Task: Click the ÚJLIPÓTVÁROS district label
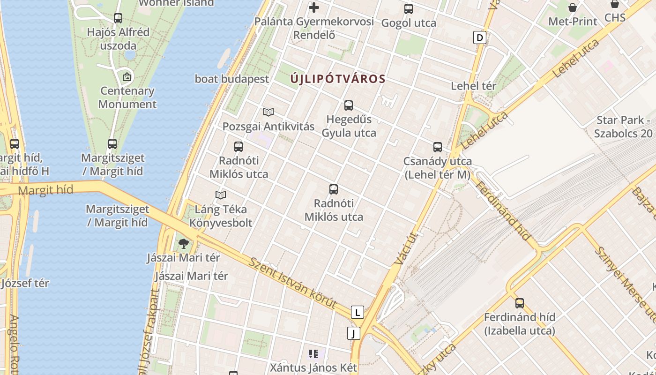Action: tap(337, 79)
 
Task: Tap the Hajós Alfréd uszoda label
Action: tap(118, 39)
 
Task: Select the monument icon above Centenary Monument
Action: tap(127, 77)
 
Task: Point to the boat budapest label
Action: tap(232, 79)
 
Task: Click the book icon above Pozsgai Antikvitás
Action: tap(268, 112)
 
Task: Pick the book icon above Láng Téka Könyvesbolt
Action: tap(221, 195)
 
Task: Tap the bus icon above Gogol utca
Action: tap(409, 8)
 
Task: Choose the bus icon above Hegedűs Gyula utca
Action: tap(349, 105)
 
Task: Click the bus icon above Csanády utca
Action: tap(438, 147)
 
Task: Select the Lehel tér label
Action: tap(473, 86)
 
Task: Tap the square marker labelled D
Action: tap(479, 37)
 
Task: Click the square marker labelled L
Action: tap(358, 312)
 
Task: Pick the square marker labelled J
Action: tap(354, 333)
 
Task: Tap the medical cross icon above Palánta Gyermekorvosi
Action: tap(314, 7)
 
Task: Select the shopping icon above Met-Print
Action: tap(573, 7)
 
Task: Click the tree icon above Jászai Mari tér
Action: tap(183, 243)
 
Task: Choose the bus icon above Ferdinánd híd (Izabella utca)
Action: tap(519, 303)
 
